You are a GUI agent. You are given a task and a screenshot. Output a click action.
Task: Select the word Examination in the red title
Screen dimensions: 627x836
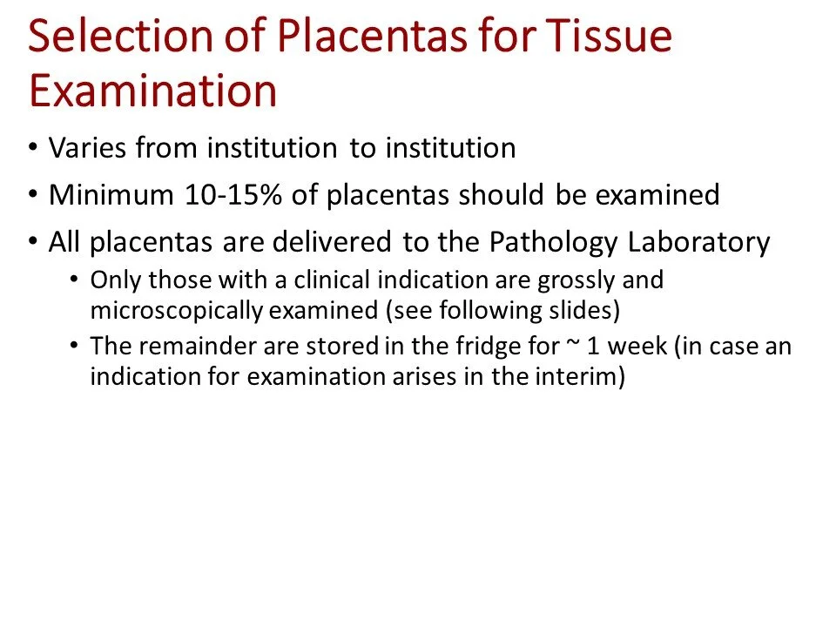[x=153, y=91]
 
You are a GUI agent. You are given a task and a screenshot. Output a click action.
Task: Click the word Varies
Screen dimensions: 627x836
[x=86, y=148]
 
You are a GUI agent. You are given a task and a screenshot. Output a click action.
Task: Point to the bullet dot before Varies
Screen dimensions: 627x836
[x=33, y=148]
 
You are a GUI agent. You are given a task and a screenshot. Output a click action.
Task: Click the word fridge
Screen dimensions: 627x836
[x=457, y=346]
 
